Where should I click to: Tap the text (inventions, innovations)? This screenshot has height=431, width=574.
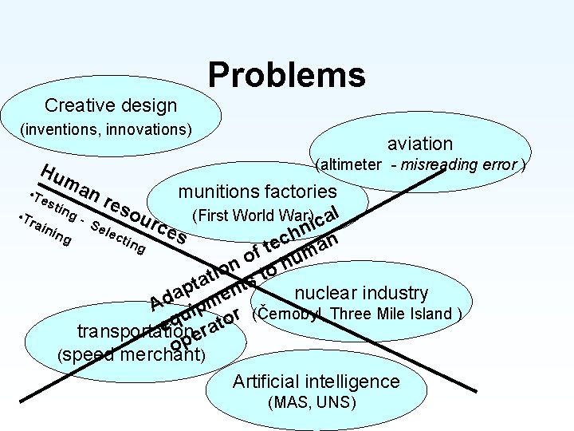coord(106,128)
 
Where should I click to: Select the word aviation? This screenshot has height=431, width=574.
coord(420,144)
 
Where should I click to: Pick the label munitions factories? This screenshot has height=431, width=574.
coord(258,192)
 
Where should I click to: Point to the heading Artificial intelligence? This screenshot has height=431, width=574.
coord(316,382)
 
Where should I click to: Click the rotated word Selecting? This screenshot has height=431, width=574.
coord(117,238)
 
